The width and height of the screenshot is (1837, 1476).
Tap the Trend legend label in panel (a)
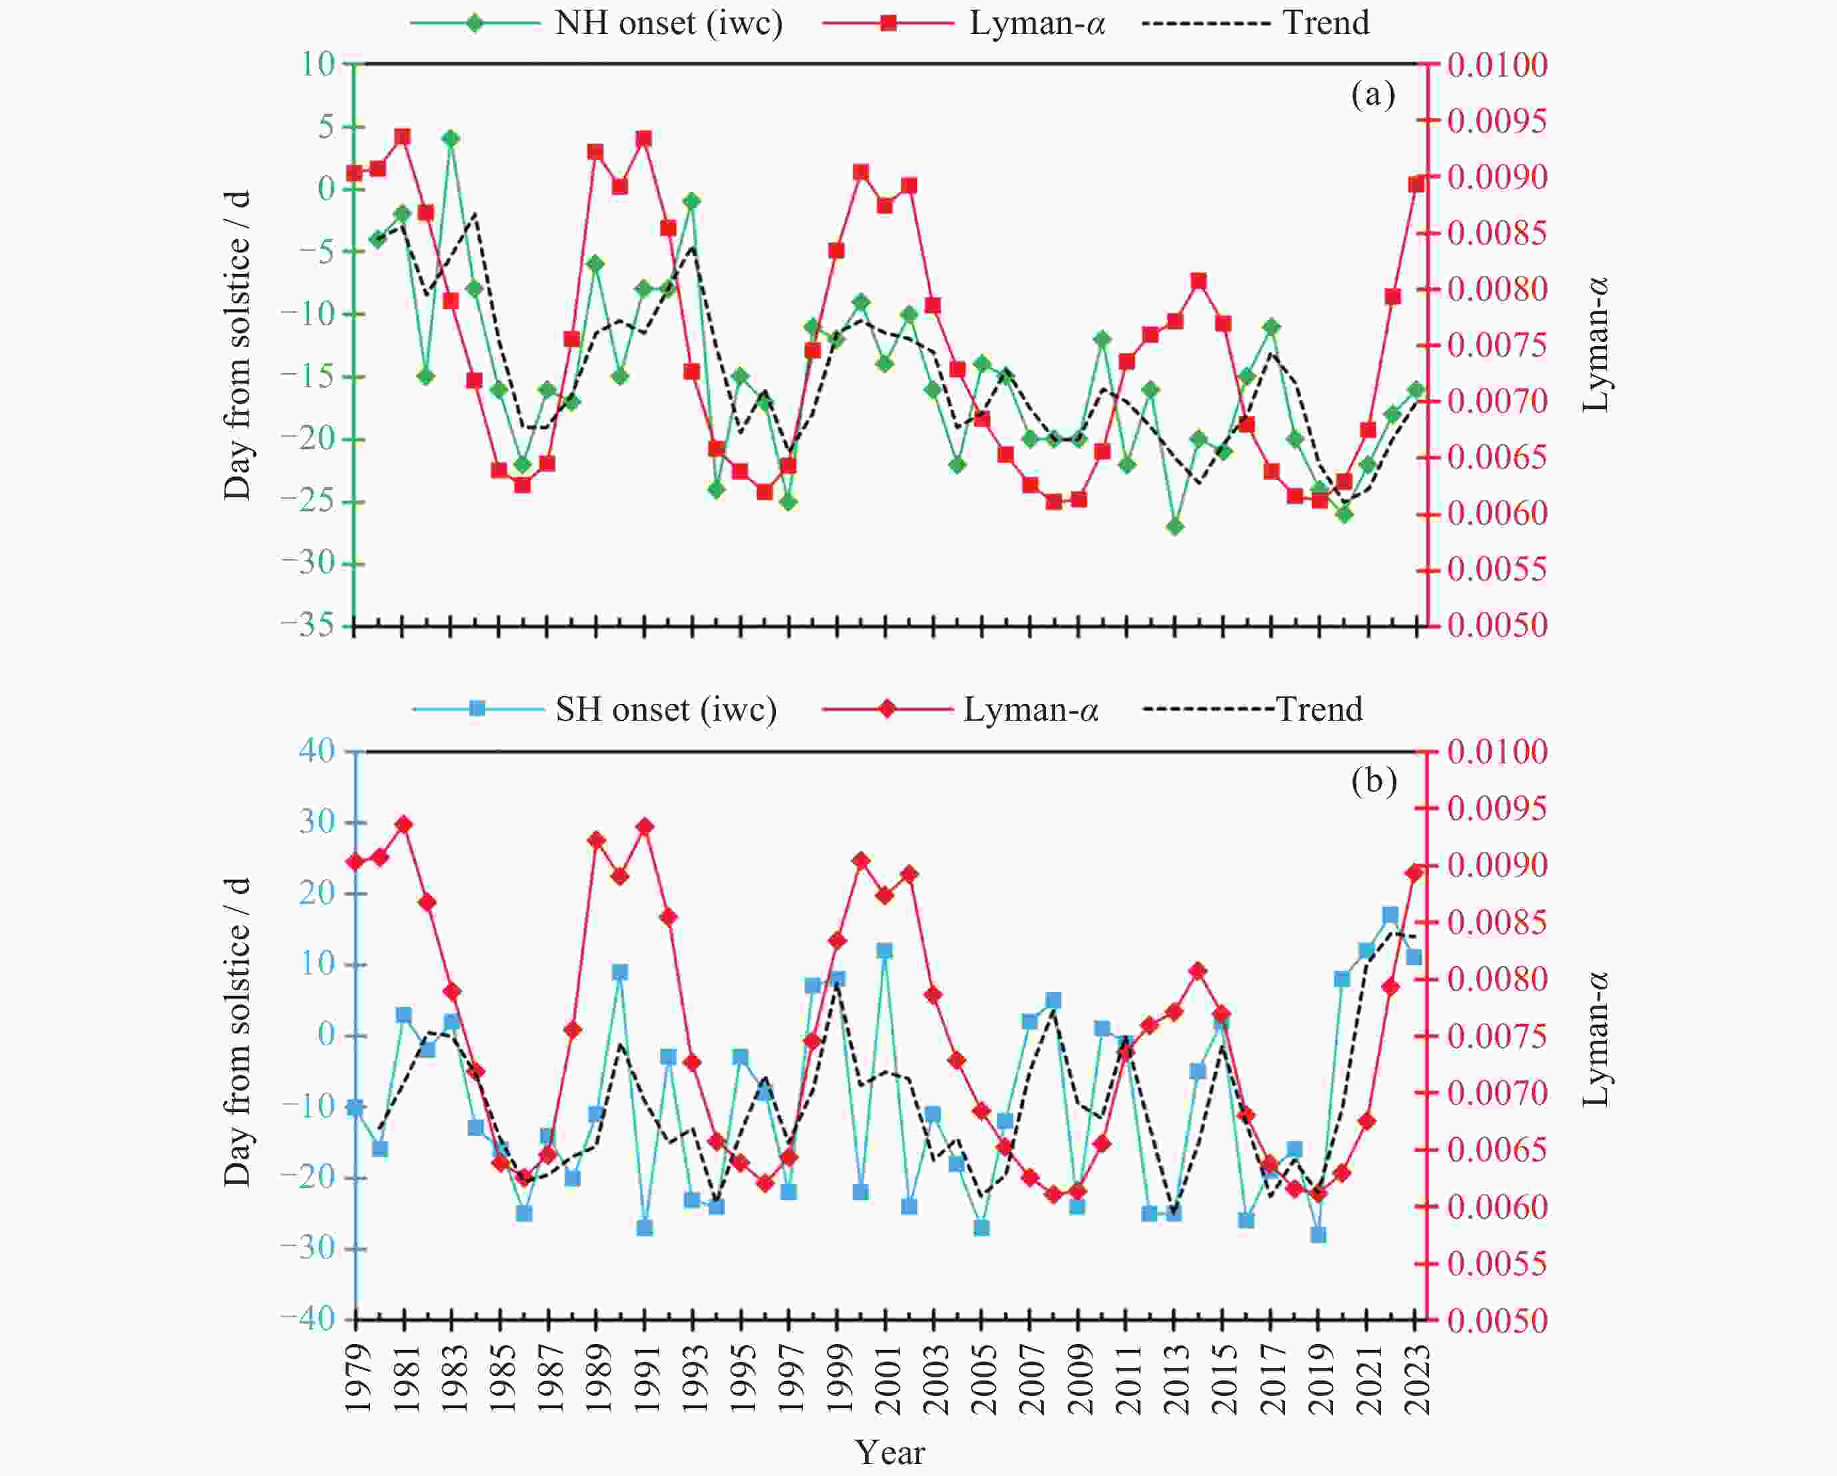tap(1326, 23)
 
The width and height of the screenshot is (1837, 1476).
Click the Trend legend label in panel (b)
tap(1319, 709)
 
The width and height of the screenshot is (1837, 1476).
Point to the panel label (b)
tap(1374, 781)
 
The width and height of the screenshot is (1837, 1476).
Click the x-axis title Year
tap(890, 1451)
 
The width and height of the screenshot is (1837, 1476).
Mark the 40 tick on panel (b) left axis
tap(317, 751)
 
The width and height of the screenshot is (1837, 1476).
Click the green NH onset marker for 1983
tap(451, 139)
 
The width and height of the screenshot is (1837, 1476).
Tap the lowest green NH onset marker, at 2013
tap(1175, 527)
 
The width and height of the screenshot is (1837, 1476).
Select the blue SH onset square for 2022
tap(1390, 915)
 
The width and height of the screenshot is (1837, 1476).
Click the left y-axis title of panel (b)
tap(237, 1032)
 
